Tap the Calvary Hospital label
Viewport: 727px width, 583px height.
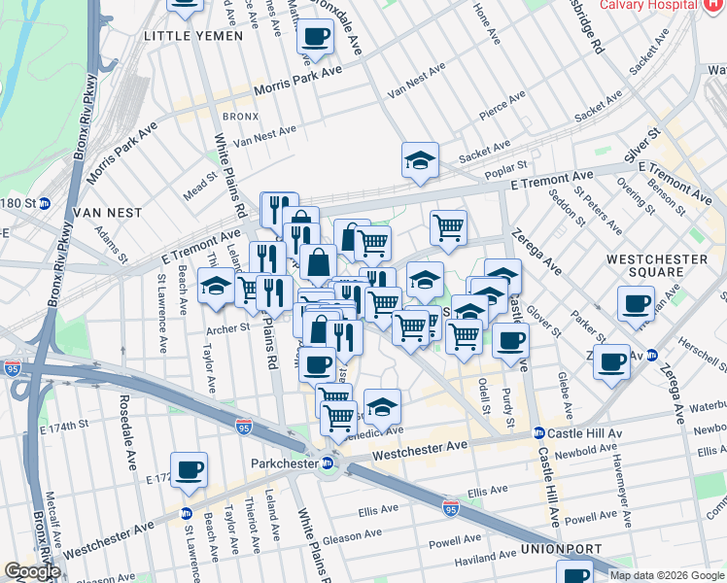[x=646, y=5]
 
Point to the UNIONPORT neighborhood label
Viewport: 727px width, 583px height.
[x=550, y=549]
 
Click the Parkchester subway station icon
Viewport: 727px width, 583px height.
[x=329, y=463]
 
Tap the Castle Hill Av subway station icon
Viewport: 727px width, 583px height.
[x=538, y=432]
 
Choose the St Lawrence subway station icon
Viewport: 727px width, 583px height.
[x=186, y=513]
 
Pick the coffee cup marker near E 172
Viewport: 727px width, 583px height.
[x=189, y=468]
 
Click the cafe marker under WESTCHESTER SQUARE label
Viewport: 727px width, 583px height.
[x=636, y=302]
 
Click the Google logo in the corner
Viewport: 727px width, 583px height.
[x=32, y=571]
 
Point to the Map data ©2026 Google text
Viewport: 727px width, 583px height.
[x=667, y=574]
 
